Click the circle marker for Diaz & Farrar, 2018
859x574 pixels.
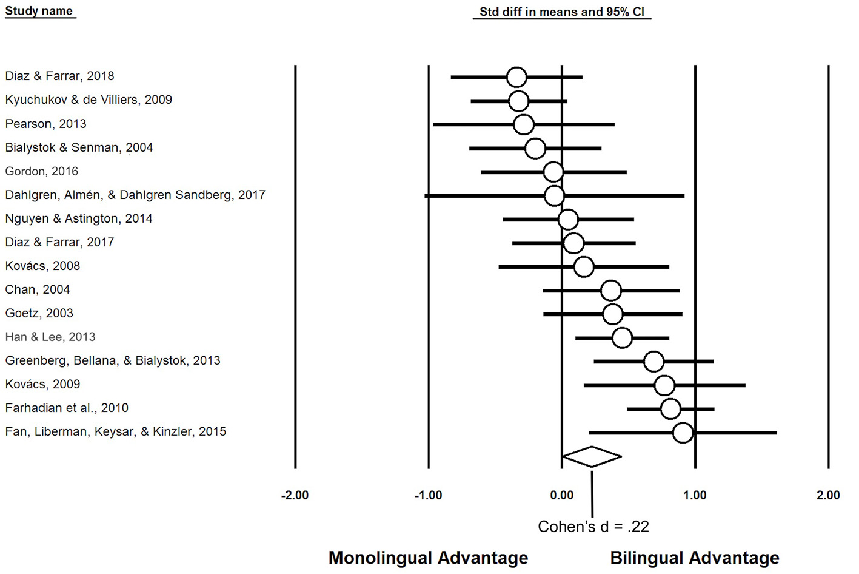[516, 77]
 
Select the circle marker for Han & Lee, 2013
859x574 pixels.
[622, 338]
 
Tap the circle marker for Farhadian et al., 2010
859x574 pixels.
[670, 409]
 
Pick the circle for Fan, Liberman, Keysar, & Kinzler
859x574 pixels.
[683, 433]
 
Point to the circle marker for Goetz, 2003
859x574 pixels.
[613, 314]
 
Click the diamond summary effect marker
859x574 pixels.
[592, 457]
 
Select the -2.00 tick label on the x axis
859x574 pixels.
[295, 495]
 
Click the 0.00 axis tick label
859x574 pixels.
[561, 495]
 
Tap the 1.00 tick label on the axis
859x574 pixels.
[695, 495]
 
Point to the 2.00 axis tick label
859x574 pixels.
[828, 495]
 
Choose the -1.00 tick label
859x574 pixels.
[428, 495]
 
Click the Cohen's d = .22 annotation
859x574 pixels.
[593, 527]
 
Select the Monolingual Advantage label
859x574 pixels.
[428, 558]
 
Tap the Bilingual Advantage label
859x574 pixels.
[695, 558]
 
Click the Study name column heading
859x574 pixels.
[39, 11]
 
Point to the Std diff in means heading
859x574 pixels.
[561, 12]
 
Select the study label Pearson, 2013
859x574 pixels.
[45, 124]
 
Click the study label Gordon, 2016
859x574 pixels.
[41, 171]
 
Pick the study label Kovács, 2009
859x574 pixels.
[42, 384]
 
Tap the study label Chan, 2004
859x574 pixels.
[38, 289]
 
